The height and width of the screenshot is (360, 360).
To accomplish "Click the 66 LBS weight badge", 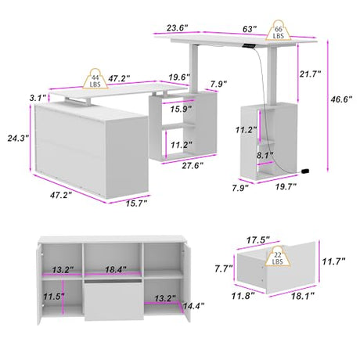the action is click(279, 31).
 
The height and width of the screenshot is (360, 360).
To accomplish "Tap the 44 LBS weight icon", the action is click(95, 78).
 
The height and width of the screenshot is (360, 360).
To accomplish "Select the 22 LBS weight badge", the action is click(278, 256).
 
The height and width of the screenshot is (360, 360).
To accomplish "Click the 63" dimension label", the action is click(250, 29).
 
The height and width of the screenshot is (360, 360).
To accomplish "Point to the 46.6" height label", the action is click(341, 99).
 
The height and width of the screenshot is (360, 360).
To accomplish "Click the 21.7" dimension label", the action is click(310, 74).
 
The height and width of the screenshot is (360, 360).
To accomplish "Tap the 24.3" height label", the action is click(18, 138).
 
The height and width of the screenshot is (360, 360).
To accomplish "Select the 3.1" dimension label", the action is click(38, 98).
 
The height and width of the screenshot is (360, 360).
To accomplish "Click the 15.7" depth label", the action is click(136, 203).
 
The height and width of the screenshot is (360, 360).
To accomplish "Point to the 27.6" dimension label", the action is click(193, 165).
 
